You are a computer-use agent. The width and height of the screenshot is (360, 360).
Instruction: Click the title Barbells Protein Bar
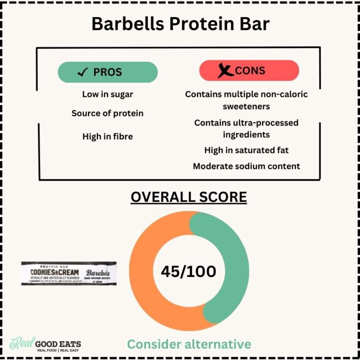pos(180,24)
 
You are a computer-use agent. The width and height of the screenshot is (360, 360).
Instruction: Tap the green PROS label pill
pos(108,72)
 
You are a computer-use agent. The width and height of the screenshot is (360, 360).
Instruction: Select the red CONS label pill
pos(249,71)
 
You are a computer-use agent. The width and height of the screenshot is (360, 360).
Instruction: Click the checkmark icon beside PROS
pos(83,72)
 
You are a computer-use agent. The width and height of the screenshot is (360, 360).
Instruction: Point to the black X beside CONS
pos(225,71)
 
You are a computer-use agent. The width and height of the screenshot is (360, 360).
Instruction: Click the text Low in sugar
pos(108,94)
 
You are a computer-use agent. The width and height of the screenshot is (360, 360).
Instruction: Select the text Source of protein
pos(108,113)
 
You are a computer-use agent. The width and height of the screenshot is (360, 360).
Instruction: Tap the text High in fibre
pos(108,136)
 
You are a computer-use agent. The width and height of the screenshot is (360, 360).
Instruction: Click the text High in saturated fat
pos(246,150)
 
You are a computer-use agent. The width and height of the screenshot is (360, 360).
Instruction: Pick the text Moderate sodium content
pos(246,166)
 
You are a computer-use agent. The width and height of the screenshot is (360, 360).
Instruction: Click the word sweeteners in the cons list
pos(246,106)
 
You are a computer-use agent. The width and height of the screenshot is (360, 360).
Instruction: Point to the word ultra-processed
pos(268,123)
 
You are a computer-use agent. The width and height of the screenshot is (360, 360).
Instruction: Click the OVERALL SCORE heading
pos(189,197)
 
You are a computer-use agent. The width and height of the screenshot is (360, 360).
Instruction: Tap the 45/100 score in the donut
pos(188,271)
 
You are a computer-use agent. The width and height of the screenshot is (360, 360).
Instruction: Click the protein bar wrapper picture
pos(69,273)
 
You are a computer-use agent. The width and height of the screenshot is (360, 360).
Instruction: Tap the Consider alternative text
pos(189,344)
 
